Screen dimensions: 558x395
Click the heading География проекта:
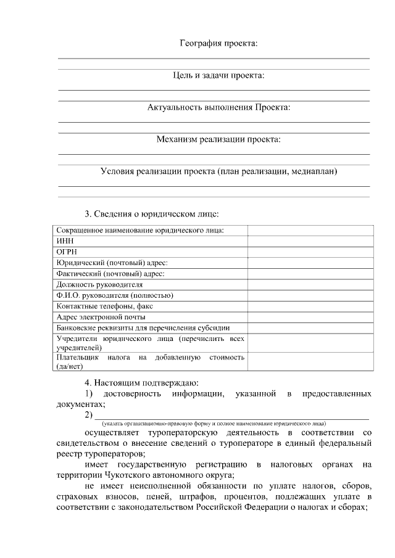(218, 43)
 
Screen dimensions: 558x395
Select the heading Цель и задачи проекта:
(218, 75)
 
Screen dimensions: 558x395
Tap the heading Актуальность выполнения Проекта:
(218, 107)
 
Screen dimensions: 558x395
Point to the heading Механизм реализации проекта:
(218, 139)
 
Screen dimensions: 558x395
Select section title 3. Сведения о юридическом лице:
(152, 214)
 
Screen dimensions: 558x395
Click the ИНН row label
(65, 241)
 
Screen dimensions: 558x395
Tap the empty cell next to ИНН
(310, 241)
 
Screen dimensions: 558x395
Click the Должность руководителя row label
(99, 284)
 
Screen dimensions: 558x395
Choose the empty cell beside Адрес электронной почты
(310, 317)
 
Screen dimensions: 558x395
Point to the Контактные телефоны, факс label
(104, 306)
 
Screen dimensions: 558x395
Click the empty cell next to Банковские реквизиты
(310, 328)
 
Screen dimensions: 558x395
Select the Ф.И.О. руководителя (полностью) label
(115, 295)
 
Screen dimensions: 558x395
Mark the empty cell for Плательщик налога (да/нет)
(310, 361)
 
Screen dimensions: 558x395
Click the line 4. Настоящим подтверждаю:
(142, 382)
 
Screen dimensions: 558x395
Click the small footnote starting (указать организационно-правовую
(214, 424)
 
